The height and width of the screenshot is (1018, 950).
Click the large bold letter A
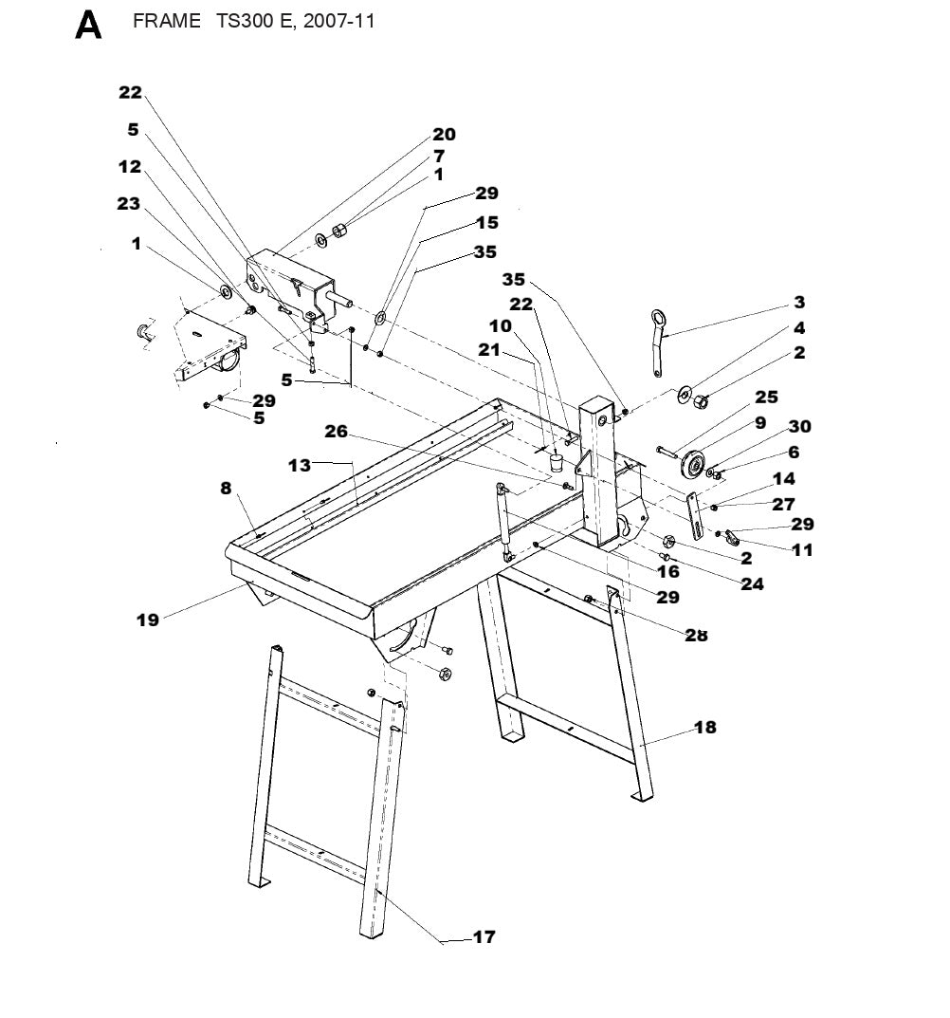coord(88,26)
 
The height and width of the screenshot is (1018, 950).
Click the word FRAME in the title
coord(166,21)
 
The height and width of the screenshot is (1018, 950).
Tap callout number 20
coord(444,135)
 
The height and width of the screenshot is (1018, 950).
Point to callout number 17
coord(484,937)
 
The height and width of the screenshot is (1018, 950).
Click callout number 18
coord(704,728)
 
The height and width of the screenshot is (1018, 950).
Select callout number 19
coord(148,620)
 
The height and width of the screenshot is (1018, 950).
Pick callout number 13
coord(300,465)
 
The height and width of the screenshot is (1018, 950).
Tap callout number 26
coord(337,432)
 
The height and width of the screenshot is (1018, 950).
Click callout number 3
coord(799,303)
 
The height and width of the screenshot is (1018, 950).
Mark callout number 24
coord(752,584)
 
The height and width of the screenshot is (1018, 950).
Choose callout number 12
coord(130,167)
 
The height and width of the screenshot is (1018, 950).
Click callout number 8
coord(226,489)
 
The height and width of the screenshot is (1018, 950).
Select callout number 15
coord(487,223)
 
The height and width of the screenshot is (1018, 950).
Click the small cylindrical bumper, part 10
coord(557,463)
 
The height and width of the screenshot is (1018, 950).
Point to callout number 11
coord(802,550)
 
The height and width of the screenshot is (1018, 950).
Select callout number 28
coord(696,635)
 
